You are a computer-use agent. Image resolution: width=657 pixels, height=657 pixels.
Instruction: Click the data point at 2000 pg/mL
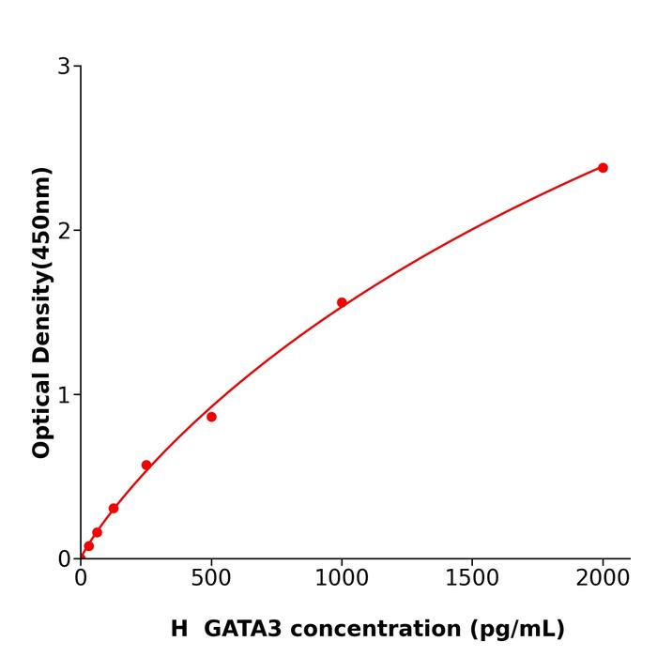pyautogui.click(x=603, y=168)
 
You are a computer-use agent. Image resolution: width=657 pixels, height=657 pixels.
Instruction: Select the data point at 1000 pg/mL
pyautogui.click(x=342, y=302)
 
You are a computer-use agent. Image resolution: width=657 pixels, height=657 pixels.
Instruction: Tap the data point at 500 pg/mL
pyautogui.click(x=211, y=417)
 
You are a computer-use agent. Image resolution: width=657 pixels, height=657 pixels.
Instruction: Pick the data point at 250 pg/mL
pyautogui.click(x=146, y=466)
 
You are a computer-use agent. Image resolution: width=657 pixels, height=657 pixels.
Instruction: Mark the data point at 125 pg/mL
pyautogui.click(x=114, y=509)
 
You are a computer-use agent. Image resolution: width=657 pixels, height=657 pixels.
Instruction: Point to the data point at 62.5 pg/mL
pyautogui.click(x=97, y=532)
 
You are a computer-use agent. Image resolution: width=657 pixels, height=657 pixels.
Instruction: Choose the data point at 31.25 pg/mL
pyautogui.click(x=89, y=546)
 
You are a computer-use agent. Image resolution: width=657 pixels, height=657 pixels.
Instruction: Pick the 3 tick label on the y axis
pyautogui.click(x=64, y=67)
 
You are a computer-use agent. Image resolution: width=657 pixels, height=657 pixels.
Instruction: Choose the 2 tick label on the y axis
pyautogui.click(x=64, y=231)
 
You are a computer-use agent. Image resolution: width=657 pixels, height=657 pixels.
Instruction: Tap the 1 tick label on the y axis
pyautogui.click(x=64, y=395)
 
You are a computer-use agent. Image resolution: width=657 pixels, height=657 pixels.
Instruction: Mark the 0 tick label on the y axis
pyautogui.click(x=64, y=559)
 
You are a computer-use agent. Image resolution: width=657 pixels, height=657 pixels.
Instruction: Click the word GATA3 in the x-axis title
pyautogui.click(x=243, y=629)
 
